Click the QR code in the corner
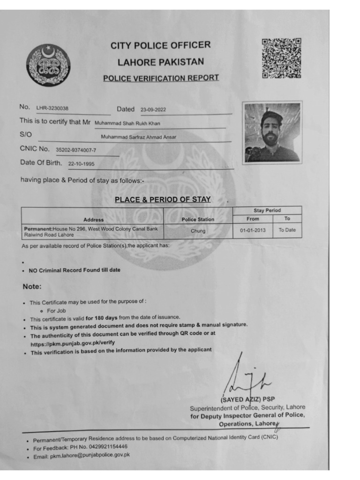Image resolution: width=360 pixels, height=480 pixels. pos(281,58)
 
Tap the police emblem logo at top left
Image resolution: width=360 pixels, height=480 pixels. pos(48,64)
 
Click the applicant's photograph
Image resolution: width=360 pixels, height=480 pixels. pos(272,133)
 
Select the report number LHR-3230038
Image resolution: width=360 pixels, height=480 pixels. pos(52,108)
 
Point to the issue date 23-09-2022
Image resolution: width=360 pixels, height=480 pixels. pos(153,110)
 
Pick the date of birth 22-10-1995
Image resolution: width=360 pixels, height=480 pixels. pos(82,165)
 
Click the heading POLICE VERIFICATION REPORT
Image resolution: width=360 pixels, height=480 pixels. pos(161,78)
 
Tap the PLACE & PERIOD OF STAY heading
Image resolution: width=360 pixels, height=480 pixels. pos(163,200)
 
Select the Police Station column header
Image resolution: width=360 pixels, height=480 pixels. pos(198,219)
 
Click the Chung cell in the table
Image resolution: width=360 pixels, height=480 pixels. pos(198,231)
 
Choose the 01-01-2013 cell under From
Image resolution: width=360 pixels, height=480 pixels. pos(253,230)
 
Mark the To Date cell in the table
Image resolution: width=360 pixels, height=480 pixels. pos(287,230)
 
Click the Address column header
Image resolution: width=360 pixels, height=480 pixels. pos(93,219)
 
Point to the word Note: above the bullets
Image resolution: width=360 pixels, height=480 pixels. pos(32,286)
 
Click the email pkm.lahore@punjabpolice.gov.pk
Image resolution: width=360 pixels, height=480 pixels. pos(90,455)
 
